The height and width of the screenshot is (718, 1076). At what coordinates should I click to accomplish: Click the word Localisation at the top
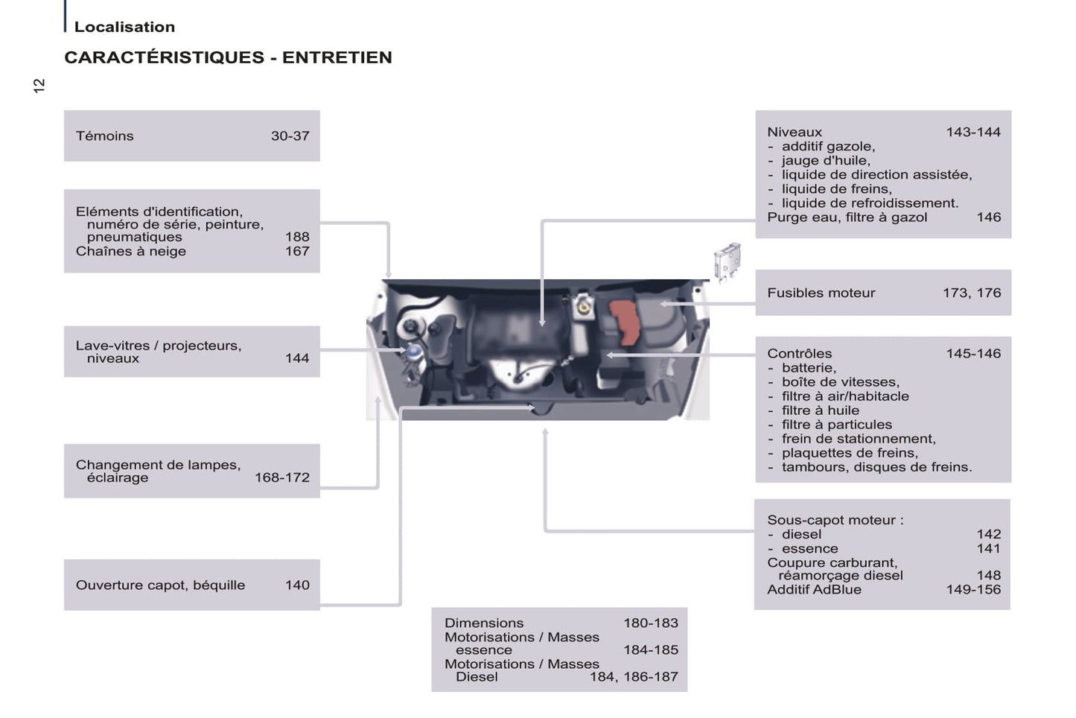124,27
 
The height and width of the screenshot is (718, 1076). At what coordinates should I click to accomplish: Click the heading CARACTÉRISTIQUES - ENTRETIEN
228,57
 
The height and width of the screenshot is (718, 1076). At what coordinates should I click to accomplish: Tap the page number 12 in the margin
39,86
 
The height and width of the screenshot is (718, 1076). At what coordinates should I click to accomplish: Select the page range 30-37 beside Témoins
290,136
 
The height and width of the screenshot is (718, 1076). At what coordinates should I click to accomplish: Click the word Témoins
104,136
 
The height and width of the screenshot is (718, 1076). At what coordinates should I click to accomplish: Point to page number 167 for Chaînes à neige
296,251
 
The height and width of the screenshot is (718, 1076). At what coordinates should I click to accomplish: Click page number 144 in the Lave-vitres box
296,358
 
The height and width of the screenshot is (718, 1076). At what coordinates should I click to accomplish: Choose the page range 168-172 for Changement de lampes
281,477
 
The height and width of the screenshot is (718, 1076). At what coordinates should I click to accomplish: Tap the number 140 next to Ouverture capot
296,585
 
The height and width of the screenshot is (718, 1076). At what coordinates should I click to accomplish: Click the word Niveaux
794,132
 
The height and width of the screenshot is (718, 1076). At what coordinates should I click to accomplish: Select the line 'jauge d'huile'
825,160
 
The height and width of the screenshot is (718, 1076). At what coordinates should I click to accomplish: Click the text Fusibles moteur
821,293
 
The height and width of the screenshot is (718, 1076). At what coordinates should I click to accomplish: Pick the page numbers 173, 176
971,293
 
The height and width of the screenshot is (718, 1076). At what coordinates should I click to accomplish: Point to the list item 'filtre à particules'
836,425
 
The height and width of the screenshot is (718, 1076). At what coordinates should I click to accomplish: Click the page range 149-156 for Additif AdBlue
972,589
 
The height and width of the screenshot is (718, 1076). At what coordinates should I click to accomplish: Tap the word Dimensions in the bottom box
483,623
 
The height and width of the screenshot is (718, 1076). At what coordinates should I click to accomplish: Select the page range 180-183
650,623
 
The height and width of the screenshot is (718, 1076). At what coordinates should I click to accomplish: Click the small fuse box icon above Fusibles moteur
727,260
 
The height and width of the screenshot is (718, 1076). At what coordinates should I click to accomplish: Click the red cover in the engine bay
625,322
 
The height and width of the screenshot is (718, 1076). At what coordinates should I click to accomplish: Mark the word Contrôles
799,353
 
